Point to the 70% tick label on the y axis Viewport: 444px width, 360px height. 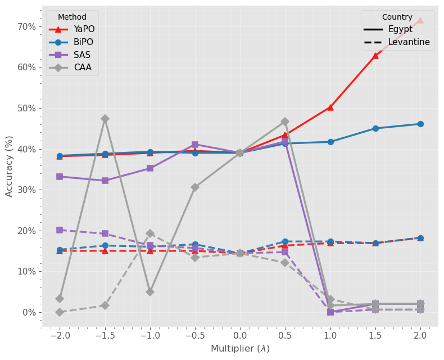click(x=26, y=26)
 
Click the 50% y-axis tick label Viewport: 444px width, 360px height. click(x=26, y=108)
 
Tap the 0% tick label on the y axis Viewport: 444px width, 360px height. click(x=28, y=312)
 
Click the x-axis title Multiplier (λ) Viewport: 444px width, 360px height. click(x=240, y=349)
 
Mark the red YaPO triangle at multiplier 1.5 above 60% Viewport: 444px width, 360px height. click(x=375, y=56)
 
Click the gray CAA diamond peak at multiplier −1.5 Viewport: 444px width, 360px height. click(x=105, y=119)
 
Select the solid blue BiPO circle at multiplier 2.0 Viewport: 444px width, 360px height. click(x=420, y=124)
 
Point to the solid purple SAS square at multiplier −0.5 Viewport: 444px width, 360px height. click(x=195, y=145)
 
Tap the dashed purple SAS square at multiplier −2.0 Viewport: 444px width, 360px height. click(x=60, y=230)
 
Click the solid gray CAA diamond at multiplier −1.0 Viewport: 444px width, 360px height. click(x=150, y=292)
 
